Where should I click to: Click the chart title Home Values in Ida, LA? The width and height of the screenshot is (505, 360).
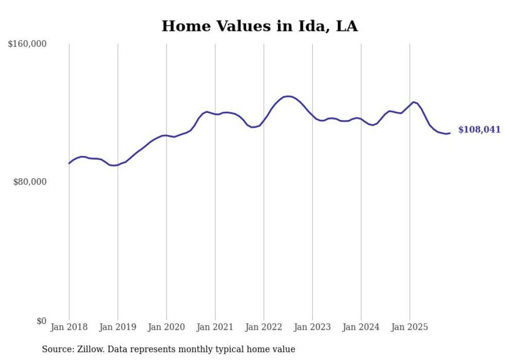(x=259, y=26)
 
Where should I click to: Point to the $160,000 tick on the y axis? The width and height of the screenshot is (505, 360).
(x=27, y=44)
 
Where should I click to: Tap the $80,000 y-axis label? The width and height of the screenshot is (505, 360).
(x=29, y=182)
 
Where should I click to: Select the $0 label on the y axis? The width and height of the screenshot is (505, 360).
(x=41, y=321)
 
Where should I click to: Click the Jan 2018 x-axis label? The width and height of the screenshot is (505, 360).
(x=69, y=327)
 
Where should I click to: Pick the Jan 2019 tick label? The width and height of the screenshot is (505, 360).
(x=117, y=327)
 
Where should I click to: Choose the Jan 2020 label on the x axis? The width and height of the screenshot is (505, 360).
(x=166, y=327)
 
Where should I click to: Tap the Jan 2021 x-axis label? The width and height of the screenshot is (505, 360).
(x=215, y=327)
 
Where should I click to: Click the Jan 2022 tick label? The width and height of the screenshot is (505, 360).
(x=264, y=327)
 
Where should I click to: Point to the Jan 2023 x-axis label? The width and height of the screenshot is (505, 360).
(x=312, y=327)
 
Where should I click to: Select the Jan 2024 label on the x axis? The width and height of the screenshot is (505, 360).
(x=361, y=327)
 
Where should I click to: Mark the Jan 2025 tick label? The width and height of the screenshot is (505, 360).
(x=410, y=327)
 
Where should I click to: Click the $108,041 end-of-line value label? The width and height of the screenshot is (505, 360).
(x=479, y=130)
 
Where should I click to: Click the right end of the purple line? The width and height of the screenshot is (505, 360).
(x=450, y=133)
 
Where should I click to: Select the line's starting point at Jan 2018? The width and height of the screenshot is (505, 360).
(x=69, y=163)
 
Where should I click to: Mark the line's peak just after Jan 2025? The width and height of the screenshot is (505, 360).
(x=413, y=102)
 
